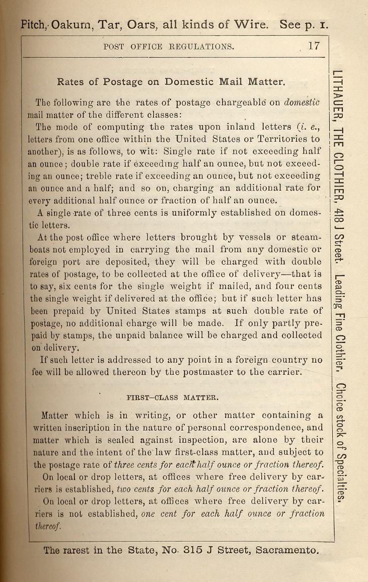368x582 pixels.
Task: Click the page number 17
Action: (x=314, y=46)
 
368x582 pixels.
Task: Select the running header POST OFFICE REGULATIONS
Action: (x=168, y=47)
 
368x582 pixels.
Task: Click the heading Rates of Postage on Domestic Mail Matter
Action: (x=172, y=81)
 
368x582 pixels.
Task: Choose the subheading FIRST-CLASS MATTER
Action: (x=172, y=397)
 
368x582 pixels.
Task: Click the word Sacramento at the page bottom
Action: (x=287, y=550)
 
